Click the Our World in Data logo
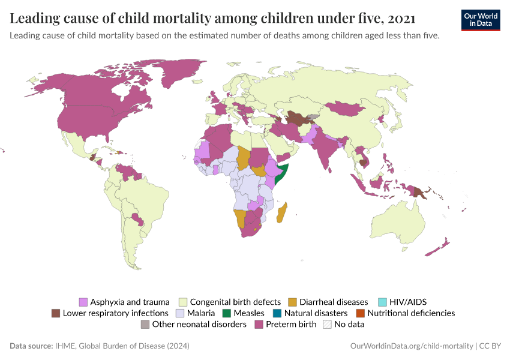click(480, 19)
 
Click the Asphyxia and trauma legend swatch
click(83, 302)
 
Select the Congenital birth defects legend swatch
click(184, 302)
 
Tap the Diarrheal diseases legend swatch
click(293, 302)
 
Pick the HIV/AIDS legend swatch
click(382, 302)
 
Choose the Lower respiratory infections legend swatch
click(56, 313)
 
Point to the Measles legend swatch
click(226, 313)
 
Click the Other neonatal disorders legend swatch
click(145, 325)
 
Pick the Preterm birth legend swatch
click(259, 325)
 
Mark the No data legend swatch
click(328, 325)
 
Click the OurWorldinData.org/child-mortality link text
click(411, 346)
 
